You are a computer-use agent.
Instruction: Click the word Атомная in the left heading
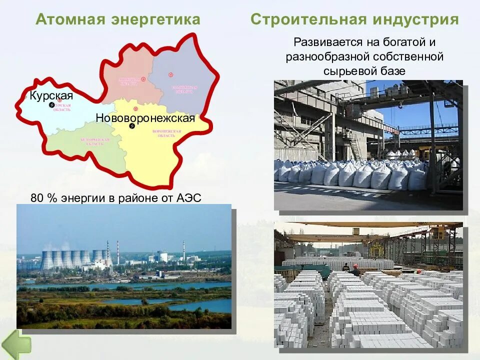70,19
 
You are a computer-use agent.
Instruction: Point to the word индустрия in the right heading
415,19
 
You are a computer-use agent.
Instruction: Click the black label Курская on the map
51,95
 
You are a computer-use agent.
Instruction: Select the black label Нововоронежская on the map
145,118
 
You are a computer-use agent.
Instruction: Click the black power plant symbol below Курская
51,105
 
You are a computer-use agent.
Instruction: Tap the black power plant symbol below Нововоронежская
132,126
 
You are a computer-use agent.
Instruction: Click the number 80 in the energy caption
36,197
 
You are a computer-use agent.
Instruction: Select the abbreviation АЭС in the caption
188,197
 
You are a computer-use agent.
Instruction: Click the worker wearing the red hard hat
355,270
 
